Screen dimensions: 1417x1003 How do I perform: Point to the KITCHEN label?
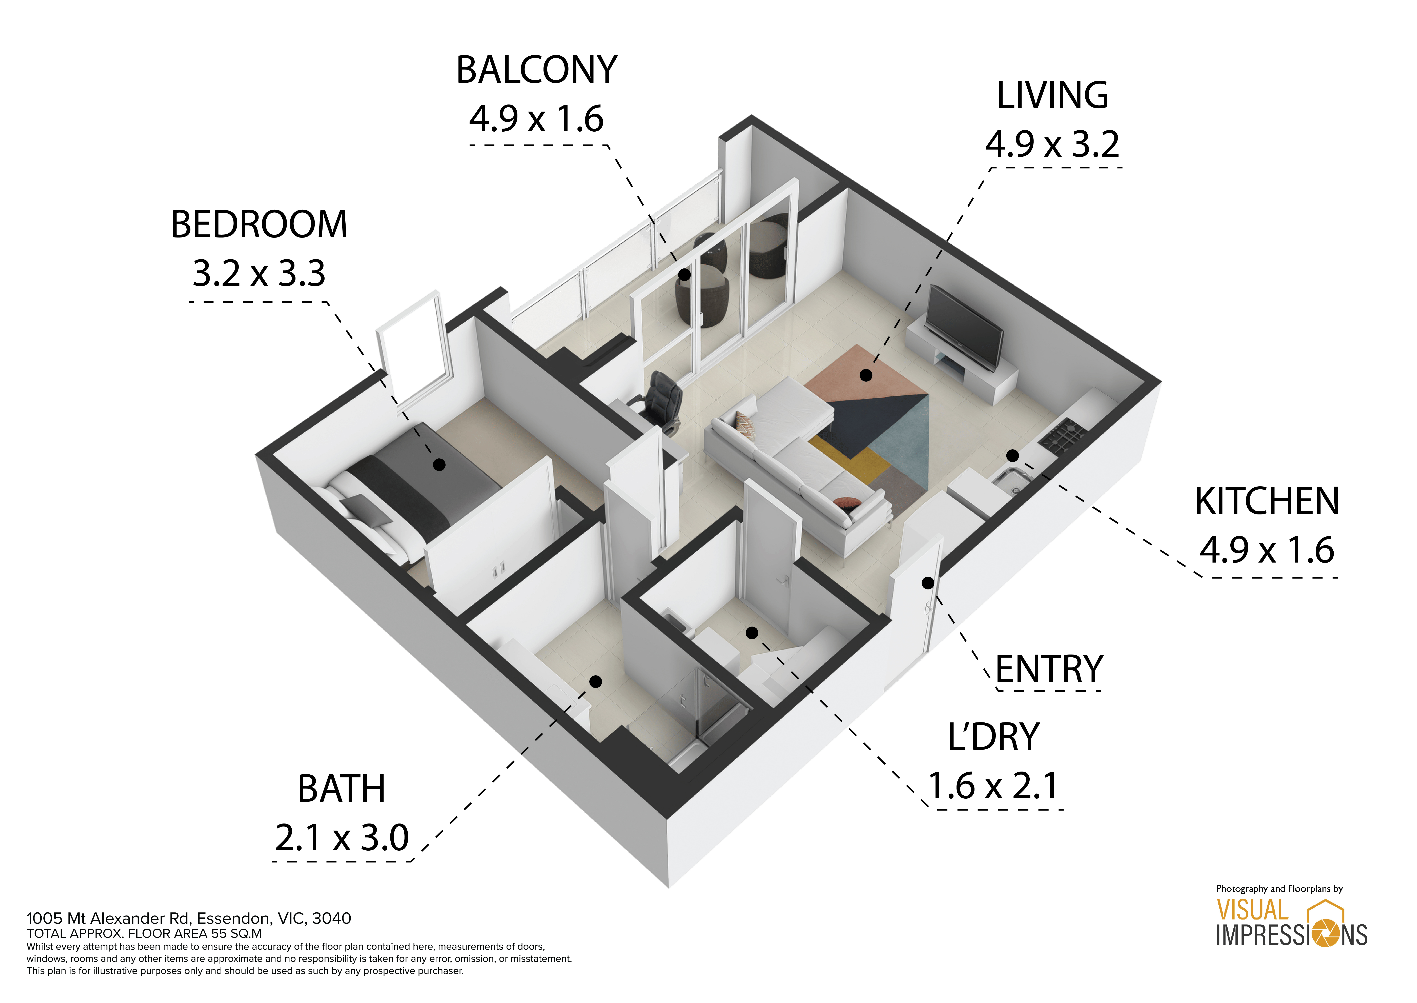1267,501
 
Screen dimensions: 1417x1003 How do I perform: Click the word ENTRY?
1049,669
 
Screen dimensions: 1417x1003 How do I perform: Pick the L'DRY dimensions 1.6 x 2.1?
993,786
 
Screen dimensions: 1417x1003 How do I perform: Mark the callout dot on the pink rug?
866,375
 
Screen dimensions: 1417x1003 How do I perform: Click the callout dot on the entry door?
928,582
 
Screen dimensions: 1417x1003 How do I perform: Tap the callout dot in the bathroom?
596,681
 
